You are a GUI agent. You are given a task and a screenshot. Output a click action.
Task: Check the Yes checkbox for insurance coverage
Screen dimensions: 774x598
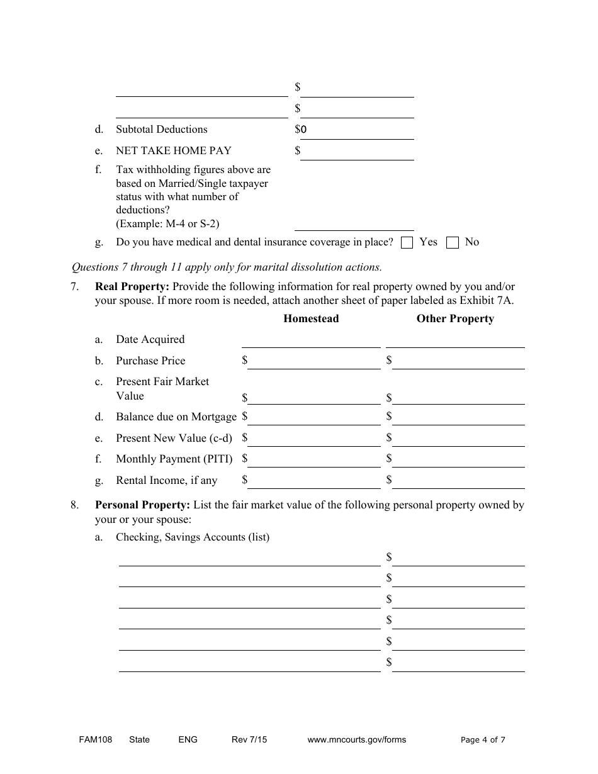(407, 243)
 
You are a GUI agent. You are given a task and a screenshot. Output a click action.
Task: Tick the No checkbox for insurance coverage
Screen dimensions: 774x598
(452, 243)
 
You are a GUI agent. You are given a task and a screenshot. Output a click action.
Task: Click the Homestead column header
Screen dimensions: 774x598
(311, 319)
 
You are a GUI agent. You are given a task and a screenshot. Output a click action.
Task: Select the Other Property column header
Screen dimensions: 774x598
(455, 319)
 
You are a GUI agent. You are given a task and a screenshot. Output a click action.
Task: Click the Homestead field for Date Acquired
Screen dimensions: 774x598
(311, 340)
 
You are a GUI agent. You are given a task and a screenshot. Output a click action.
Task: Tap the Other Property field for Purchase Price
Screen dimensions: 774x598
(458, 362)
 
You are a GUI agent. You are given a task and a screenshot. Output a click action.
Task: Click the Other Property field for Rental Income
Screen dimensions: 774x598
(458, 481)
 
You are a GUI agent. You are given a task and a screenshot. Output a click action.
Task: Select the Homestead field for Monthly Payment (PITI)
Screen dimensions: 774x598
(314, 460)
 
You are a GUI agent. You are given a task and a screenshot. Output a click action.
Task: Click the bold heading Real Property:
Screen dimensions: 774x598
(132, 286)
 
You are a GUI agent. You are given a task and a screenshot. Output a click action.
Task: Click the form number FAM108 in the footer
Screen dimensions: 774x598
(91, 739)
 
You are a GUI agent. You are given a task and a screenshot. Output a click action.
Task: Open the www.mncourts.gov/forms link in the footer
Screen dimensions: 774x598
(356, 739)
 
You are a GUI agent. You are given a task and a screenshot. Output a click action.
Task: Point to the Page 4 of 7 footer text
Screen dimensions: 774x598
(483, 739)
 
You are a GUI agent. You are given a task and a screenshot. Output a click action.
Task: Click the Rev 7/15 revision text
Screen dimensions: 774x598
(249, 739)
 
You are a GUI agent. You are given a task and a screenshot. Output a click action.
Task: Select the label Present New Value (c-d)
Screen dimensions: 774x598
(174, 439)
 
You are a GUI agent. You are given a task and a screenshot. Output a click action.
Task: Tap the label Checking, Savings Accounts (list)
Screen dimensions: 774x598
(193, 537)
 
